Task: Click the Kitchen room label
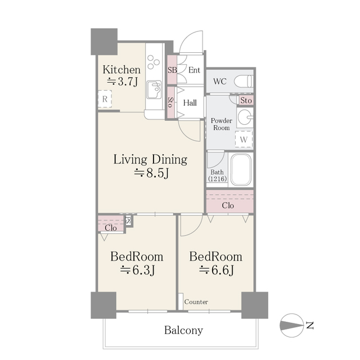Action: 121,70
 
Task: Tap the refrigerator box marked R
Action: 105,100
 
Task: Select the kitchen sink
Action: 153,89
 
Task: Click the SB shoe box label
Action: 172,70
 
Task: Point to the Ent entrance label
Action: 194,70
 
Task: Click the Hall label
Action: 190,102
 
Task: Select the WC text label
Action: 220,81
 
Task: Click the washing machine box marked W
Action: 244,138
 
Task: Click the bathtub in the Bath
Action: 240,170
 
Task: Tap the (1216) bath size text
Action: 217,179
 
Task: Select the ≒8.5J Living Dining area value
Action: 151,174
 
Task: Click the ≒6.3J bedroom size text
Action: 137,271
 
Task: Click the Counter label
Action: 196,302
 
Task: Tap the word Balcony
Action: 183,330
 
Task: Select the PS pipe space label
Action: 128,220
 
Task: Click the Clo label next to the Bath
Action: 228,205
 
